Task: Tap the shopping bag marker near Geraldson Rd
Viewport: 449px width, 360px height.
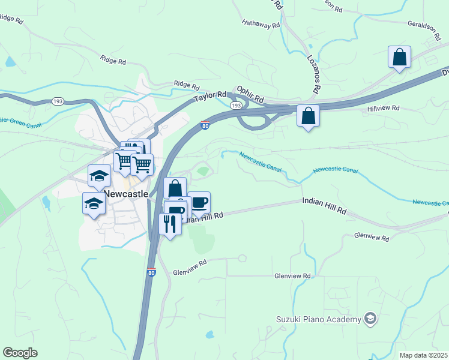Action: [399, 58]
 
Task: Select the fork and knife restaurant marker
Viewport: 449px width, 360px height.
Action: [170, 224]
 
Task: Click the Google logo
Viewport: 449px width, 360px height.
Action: [20, 353]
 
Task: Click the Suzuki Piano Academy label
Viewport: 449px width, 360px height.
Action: [319, 319]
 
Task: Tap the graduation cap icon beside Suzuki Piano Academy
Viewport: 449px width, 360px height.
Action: [370, 319]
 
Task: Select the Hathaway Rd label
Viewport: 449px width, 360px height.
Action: [261, 25]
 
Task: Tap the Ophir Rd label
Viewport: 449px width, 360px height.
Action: [250, 94]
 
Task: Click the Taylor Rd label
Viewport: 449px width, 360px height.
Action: [209, 97]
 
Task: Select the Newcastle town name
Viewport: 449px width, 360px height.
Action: [126, 194]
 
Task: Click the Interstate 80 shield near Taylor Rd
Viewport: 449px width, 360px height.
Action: [205, 125]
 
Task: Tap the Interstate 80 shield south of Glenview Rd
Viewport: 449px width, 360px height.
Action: [151, 272]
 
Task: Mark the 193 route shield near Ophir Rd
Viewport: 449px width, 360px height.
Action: [237, 106]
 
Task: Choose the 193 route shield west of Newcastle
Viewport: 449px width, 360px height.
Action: [58, 101]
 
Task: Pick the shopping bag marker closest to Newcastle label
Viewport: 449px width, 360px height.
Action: [175, 188]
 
